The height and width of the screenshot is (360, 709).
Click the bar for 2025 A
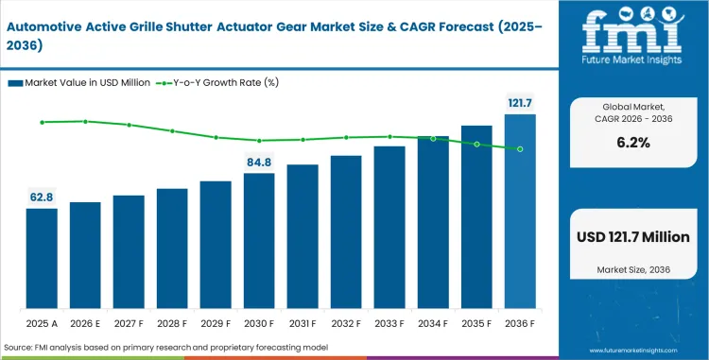coord(42,258)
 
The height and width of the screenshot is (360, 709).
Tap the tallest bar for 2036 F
coord(520,212)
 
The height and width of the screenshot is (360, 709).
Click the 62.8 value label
coord(42,197)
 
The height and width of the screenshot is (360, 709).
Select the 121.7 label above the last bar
coord(520,102)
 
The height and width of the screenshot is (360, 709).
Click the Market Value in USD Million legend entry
coord(79,82)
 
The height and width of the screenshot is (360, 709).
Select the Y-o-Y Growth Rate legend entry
coord(219,82)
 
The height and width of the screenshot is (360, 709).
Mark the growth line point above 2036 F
coord(520,149)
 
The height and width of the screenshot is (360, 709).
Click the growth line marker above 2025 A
coord(42,122)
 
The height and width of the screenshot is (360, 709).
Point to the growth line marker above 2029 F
coord(216,137)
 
